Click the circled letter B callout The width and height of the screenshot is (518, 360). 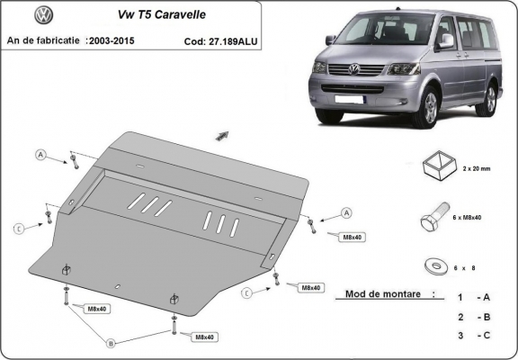(111, 343)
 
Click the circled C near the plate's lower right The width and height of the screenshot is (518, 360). (246, 292)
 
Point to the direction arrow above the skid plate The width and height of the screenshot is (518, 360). (219, 136)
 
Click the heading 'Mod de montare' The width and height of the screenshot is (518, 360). (377, 294)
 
